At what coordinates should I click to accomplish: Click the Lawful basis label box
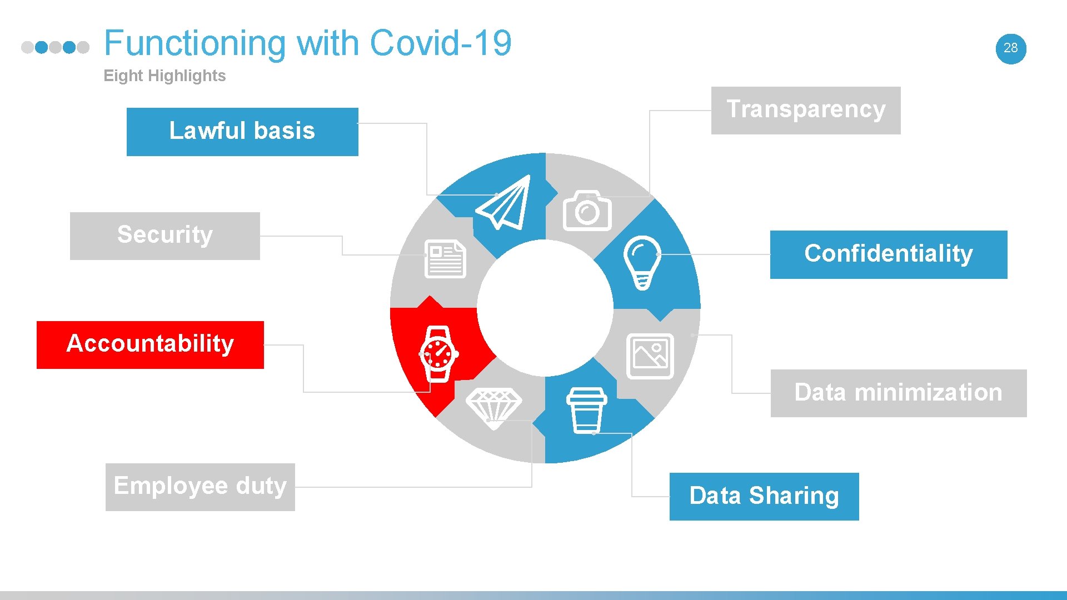[x=242, y=132]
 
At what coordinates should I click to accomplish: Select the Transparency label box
[x=806, y=110]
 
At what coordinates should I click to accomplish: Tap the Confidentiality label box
[x=888, y=254]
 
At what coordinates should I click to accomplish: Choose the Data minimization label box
[x=898, y=393]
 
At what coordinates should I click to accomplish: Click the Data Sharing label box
[x=764, y=496]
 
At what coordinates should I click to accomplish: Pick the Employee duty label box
[x=200, y=487]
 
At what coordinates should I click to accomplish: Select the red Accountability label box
[x=150, y=344]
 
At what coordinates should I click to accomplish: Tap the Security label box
[x=164, y=236]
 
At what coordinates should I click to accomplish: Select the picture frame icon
[x=650, y=356]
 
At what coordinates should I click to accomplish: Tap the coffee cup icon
[x=586, y=410]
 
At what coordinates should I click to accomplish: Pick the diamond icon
[x=493, y=408]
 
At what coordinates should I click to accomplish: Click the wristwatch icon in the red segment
[x=438, y=354]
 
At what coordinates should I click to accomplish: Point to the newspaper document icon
[x=445, y=259]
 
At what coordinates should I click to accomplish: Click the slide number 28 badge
[x=1010, y=48]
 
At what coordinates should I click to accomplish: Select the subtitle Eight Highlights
[x=164, y=76]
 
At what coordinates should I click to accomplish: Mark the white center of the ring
[x=545, y=308]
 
